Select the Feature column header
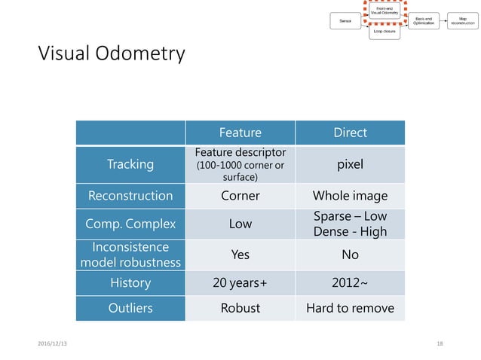click(240, 133)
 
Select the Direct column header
click(350, 133)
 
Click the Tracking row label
click(130, 163)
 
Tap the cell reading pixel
click(350, 163)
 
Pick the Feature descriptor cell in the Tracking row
click(240, 163)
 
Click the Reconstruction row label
click(130, 196)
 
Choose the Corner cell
click(240, 196)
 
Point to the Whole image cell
click(350, 196)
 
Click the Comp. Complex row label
click(130, 224)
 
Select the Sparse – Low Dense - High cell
click(350, 224)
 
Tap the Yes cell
click(240, 255)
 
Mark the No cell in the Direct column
click(350, 255)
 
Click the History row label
click(130, 283)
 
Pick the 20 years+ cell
click(240, 283)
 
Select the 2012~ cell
click(350, 283)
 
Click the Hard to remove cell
click(350, 308)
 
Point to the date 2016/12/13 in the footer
click(52, 343)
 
